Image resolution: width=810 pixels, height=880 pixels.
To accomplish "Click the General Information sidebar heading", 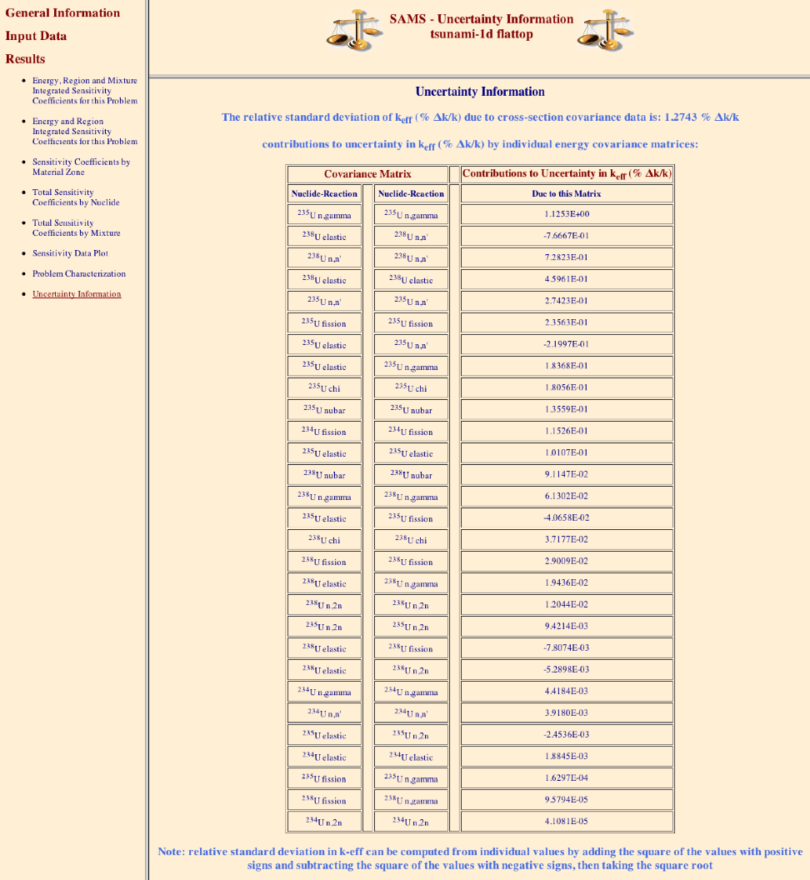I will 62,13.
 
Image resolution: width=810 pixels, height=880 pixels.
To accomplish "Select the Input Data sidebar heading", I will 36,36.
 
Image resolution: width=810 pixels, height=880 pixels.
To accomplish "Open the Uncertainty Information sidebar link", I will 77,294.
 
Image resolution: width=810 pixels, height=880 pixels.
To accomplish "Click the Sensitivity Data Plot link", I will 70,253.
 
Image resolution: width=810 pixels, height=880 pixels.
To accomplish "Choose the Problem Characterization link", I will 79,273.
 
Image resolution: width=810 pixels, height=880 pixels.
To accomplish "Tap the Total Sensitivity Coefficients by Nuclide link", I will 76,197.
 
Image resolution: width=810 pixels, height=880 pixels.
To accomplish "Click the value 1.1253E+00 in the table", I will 567,215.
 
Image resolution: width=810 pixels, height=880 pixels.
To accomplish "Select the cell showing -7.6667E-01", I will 567,237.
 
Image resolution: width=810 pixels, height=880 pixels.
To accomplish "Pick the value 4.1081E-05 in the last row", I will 567,822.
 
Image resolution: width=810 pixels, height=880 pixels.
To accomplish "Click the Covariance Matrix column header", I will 367,174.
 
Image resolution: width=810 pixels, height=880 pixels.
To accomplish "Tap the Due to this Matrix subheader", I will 567,193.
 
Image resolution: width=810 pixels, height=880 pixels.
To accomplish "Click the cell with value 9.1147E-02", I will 567,475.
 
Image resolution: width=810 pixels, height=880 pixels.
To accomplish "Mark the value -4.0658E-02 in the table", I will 567,518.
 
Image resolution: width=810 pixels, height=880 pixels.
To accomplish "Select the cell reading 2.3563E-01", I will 567,323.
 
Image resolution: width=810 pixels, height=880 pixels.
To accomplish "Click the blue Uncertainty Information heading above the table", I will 480,92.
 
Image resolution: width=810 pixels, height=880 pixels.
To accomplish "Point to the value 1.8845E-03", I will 567,757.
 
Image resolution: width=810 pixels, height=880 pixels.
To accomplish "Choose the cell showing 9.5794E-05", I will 567,800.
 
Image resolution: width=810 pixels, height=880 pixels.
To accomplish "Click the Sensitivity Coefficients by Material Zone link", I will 81,167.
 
